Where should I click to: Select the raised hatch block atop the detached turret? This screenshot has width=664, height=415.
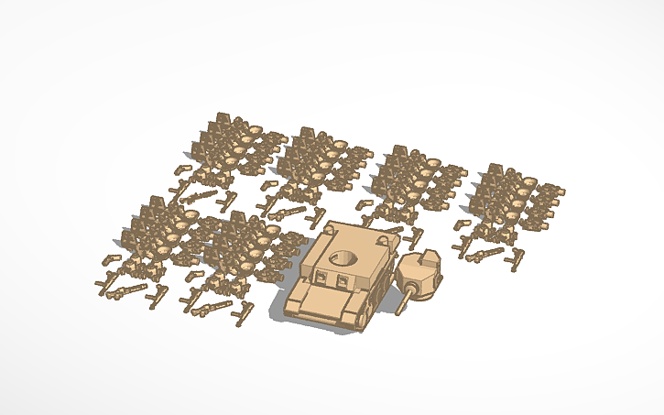[421, 260]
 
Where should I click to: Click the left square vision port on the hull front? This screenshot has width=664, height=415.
[322, 276]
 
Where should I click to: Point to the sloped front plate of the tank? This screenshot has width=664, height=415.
[324, 300]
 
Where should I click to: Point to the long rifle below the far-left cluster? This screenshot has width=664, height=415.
[127, 291]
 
